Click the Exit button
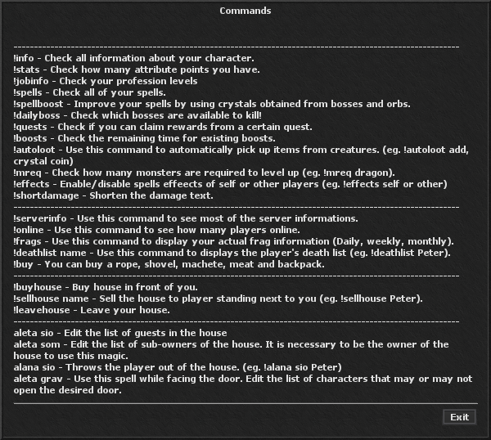[459, 417]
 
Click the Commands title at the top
[245, 11]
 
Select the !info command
[25, 59]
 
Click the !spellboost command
[40, 105]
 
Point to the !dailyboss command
[38, 116]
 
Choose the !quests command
[31, 128]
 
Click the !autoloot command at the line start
[36, 150]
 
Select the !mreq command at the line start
[29, 173]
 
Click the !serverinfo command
[41, 219]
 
